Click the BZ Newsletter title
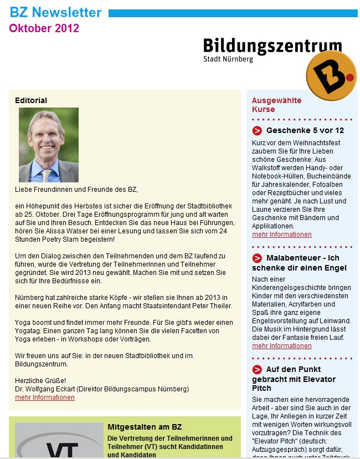click(x=55, y=12)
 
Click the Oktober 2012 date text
click(x=44, y=28)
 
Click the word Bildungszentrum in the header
click(x=272, y=46)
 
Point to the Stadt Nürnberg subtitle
click(x=228, y=59)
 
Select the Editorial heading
click(x=31, y=100)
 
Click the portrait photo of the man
click(x=49, y=145)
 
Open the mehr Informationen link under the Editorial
click(x=45, y=397)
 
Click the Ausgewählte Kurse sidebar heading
click(x=277, y=105)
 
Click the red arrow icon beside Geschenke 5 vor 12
click(x=257, y=131)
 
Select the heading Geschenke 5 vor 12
click(x=305, y=131)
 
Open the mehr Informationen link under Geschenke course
click(x=281, y=234)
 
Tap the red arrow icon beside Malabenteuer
click(x=257, y=258)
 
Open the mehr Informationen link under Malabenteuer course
click(x=281, y=346)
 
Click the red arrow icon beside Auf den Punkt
click(x=257, y=369)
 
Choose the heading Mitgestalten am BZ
click(x=145, y=427)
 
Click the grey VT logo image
click(x=59, y=441)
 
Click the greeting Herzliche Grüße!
click(x=40, y=380)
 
